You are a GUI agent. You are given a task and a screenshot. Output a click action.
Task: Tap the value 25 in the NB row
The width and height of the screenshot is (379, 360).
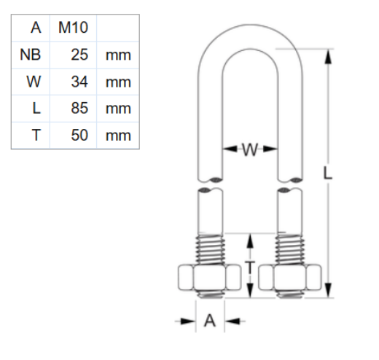pos(79,55)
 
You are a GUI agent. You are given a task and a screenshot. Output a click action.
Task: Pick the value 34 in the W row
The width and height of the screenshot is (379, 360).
pos(79,82)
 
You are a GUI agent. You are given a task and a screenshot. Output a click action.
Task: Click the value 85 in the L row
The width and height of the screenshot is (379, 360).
pos(79,109)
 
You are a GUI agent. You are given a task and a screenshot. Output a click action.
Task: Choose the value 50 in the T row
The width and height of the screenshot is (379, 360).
pos(79,136)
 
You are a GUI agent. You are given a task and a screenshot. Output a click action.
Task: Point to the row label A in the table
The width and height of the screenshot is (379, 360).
pos(35,28)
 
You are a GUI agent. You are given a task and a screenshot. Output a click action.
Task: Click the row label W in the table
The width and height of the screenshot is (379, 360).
pos(33,82)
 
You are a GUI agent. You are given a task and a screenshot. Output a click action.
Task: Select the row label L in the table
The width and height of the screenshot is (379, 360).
pos(36,109)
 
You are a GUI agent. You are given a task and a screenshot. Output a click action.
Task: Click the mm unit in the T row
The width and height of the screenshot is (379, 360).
pos(117,136)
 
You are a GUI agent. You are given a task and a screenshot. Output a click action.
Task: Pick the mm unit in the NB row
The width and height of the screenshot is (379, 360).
pos(117,55)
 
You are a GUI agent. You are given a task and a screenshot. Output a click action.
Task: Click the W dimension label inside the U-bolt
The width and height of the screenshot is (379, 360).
pos(249,150)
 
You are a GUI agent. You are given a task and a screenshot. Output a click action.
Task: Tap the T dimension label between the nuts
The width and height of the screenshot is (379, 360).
pos(249,267)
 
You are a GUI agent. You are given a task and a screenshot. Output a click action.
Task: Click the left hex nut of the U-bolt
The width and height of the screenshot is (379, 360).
pos(208,278)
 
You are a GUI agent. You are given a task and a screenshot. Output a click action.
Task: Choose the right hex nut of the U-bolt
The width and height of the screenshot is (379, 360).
pos(290,278)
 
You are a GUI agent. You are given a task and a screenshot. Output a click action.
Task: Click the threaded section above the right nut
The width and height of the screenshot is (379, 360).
pos(290,248)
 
